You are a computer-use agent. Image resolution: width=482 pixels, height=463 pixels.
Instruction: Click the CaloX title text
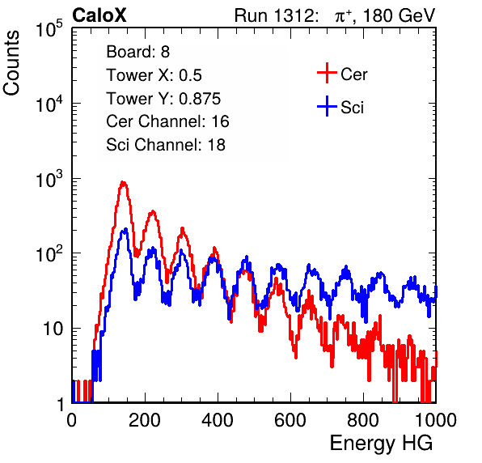[x=99, y=15]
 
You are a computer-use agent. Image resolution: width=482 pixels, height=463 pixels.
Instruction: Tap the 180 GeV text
[x=399, y=15]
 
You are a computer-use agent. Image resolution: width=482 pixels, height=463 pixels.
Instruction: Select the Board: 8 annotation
[x=137, y=52]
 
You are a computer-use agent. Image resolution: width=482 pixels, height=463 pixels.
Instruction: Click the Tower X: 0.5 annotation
[x=154, y=75]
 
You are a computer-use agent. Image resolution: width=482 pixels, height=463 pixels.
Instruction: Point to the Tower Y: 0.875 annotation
[x=163, y=99]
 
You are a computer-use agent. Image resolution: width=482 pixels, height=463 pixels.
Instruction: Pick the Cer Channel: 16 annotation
[x=167, y=121]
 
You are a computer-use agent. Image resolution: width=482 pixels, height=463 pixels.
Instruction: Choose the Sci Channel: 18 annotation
[x=166, y=145]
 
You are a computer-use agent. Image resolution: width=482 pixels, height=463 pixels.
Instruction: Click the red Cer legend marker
[x=327, y=73]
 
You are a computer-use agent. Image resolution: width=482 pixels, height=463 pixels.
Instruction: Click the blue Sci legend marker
[x=327, y=106]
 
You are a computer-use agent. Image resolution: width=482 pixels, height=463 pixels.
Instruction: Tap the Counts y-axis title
[x=11, y=63]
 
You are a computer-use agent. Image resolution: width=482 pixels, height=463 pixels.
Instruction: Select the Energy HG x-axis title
[x=381, y=443]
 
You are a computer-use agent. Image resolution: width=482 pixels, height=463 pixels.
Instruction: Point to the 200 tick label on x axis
[x=145, y=420]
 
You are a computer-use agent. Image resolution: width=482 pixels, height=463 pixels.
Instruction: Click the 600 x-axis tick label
[x=290, y=420]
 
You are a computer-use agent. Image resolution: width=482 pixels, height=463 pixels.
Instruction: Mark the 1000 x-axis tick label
[x=435, y=420]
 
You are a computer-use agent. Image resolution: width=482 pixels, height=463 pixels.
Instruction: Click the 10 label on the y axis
[x=53, y=329]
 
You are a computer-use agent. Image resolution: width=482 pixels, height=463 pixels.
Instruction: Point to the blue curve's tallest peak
[x=125, y=229]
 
